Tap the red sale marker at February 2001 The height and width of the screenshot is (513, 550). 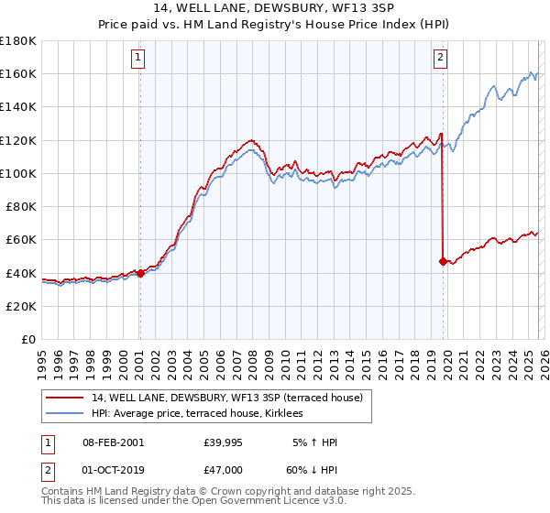(140, 272)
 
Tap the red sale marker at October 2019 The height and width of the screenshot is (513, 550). (443, 261)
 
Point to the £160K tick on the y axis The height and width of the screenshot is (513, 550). (18, 73)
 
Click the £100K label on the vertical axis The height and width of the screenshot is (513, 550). (18, 173)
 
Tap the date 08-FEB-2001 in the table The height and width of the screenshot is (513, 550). (113, 442)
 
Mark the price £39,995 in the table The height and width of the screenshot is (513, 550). (223, 442)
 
